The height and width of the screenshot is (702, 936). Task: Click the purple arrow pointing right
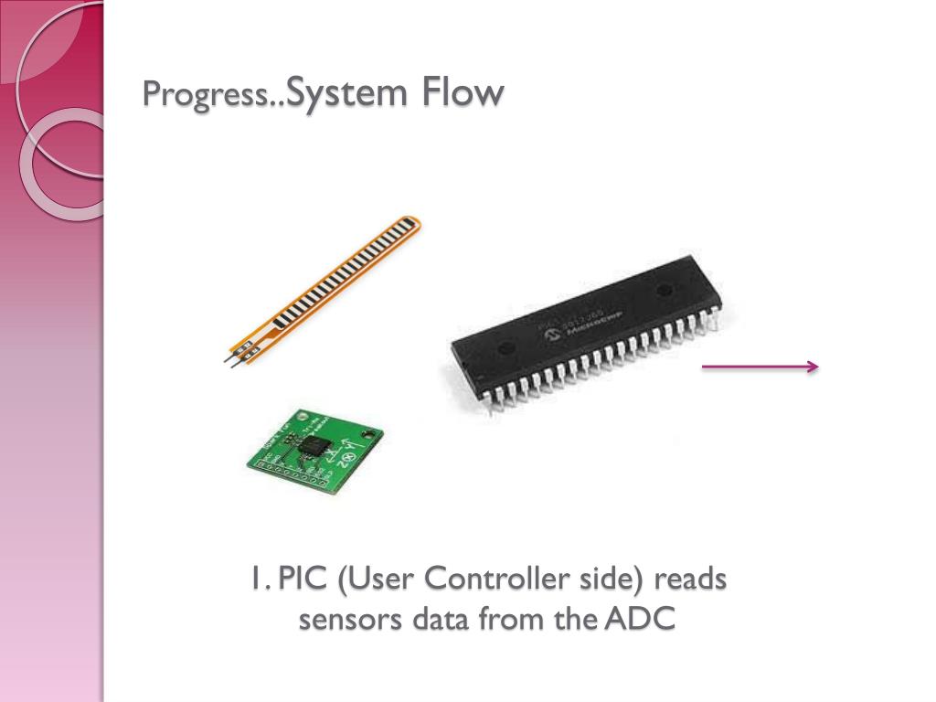coord(760,367)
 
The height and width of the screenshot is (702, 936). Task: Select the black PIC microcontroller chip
coord(585,329)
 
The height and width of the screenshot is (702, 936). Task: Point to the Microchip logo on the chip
coord(552,335)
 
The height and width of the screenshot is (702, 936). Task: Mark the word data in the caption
coord(441,619)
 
